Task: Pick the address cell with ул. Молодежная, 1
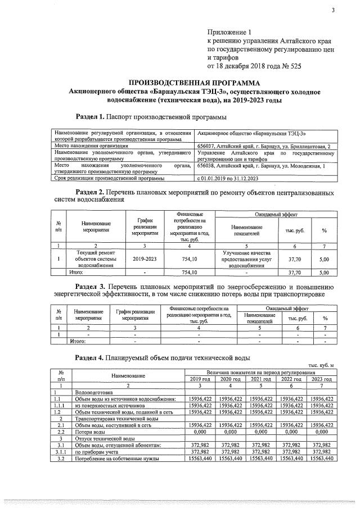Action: click(262, 166)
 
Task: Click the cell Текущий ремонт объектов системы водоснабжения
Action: click(95, 259)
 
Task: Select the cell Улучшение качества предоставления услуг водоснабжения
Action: click(246, 259)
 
